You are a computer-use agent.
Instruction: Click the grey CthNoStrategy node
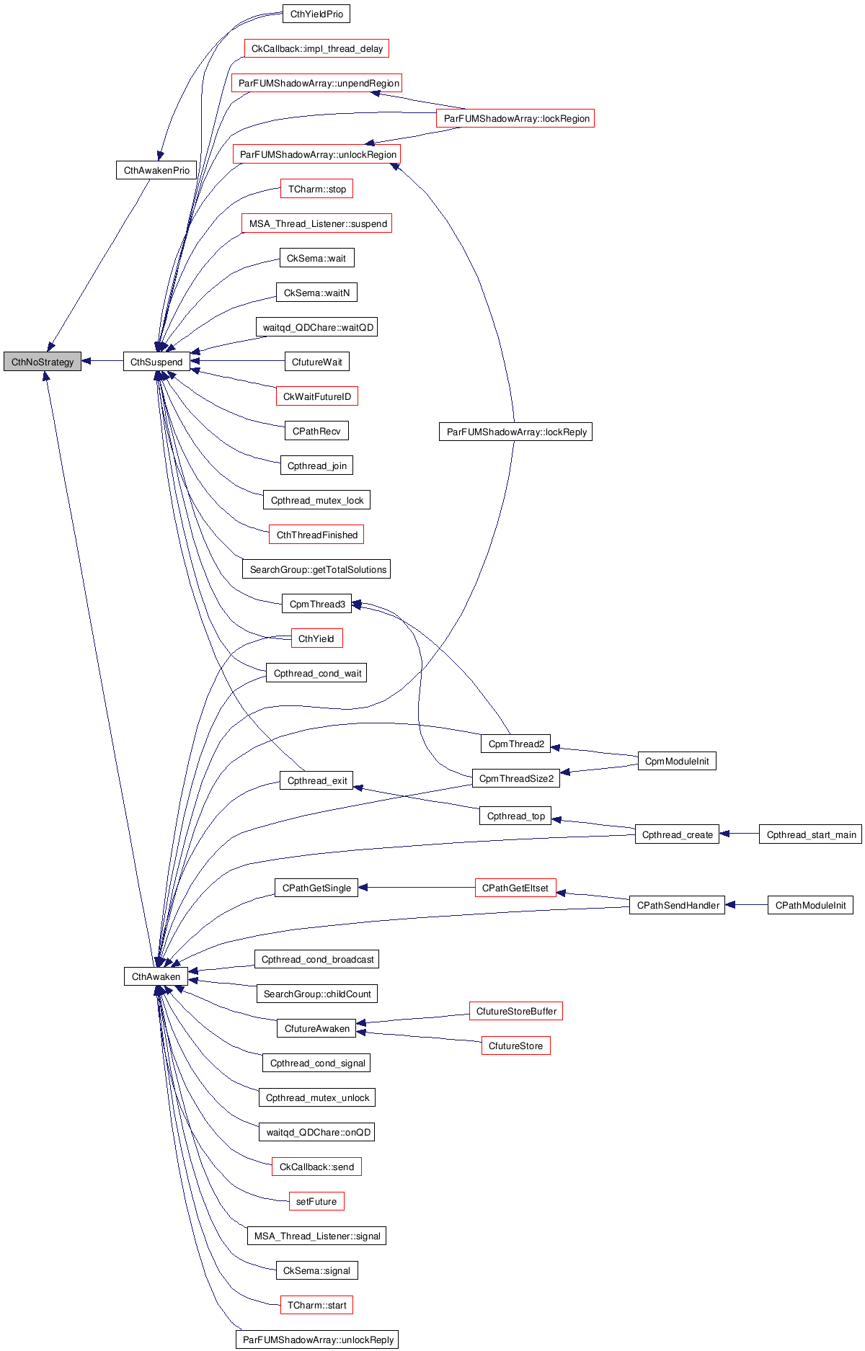point(43,362)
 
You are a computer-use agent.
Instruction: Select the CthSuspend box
point(156,362)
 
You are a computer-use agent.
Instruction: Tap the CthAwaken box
point(156,976)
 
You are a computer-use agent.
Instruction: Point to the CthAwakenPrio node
point(156,170)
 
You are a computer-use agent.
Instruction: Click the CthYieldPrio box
point(316,14)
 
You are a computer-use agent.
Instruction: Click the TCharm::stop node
point(316,189)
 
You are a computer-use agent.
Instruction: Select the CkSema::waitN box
point(316,293)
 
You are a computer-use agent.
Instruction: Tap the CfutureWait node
point(316,362)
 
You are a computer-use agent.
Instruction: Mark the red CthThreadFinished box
point(316,535)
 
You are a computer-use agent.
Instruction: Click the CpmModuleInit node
point(677,761)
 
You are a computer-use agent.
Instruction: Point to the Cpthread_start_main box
point(811,834)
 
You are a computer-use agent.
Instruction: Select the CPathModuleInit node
point(810,905)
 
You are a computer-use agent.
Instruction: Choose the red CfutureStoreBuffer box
point(516,1011)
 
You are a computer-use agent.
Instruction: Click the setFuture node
point(316,1201)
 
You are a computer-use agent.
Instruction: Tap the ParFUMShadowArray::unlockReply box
point(317,1339)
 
